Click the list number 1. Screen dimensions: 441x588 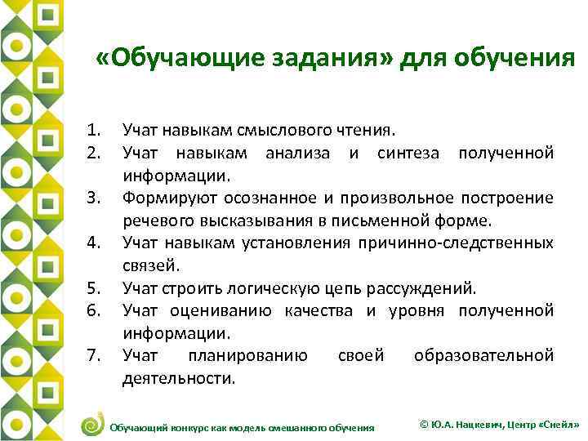[x=94, y=128]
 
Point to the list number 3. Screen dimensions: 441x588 [x=94, y=197]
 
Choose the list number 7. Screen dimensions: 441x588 [x=94, y=355]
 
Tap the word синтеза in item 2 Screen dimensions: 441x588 [x=406, y=151]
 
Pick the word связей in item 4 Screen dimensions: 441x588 [x=144, y=265]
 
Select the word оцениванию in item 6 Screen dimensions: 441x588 [x=222, y=310]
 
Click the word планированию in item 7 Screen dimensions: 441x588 [x=247, y=355]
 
